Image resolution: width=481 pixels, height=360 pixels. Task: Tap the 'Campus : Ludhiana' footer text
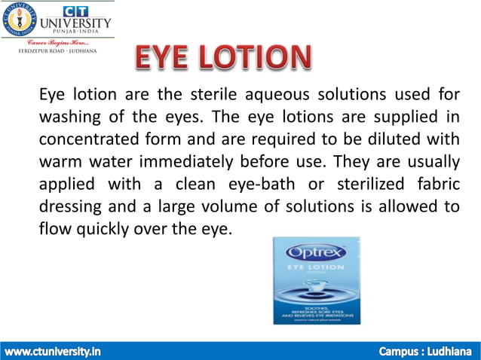tap(426, 351)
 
